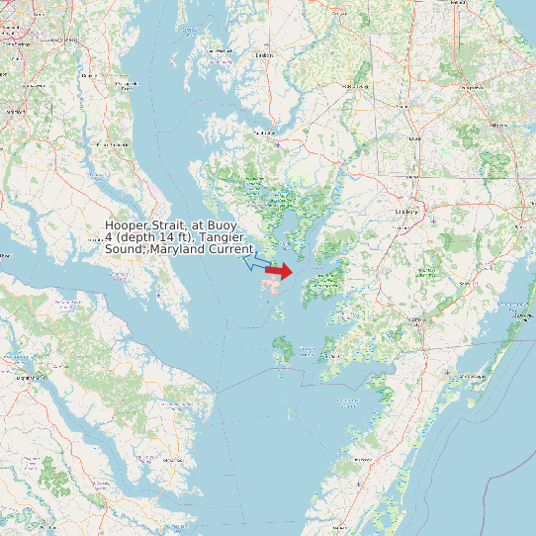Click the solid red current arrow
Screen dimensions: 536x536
pyautogui.click(x=279, y=271)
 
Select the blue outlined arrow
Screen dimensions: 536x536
pyautogui.click(x=256, y=264)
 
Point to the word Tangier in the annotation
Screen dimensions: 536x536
pyautogui.click(x=226, y=237)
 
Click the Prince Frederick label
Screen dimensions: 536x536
pyautogui.click(x=111, y=145)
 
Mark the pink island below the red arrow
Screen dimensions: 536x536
pyautogui.click(x=272, y=286)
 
